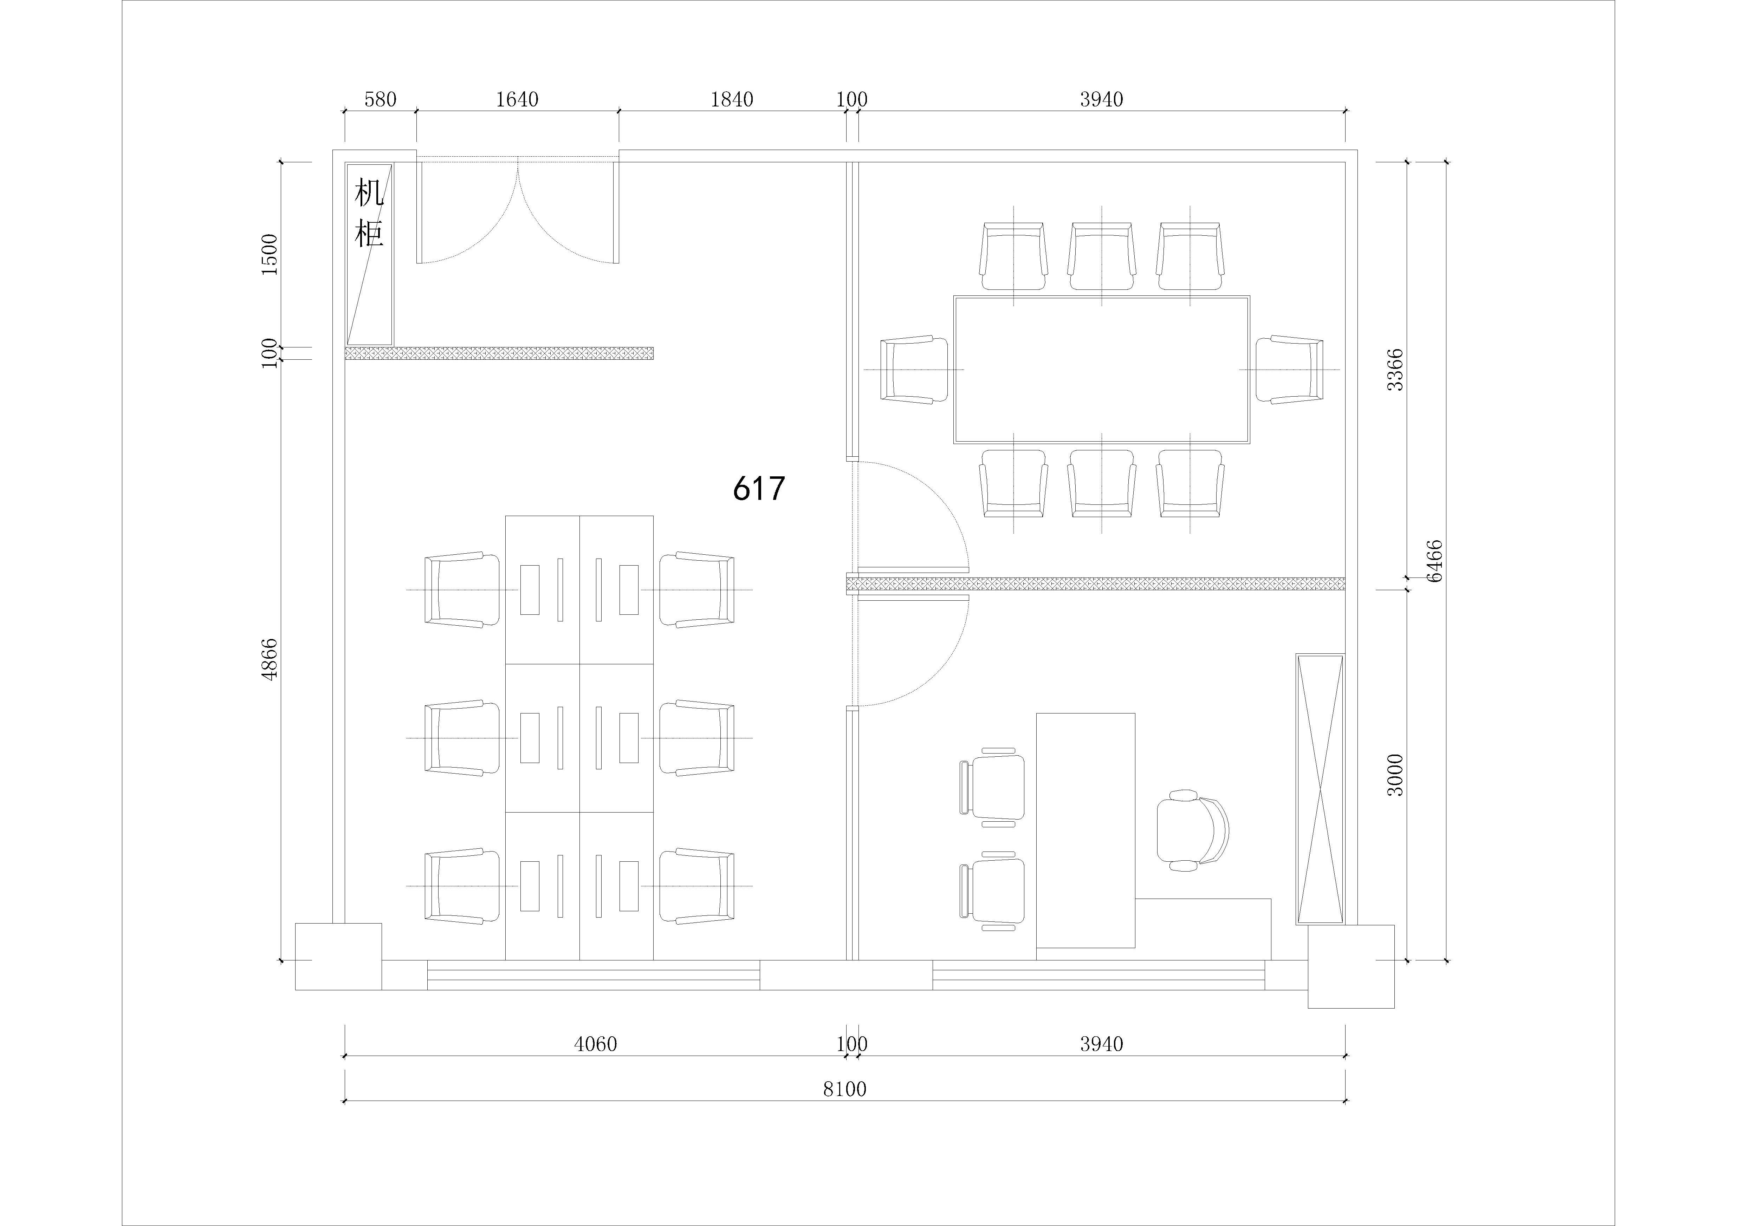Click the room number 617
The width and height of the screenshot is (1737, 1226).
click(x=759, y=489)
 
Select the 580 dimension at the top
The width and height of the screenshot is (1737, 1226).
click(x=380, y=99)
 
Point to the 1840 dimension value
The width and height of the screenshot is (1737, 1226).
click(x=732, y=99)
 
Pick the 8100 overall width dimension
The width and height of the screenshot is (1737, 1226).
click(x=844, y=1089)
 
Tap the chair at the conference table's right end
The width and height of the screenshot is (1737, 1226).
click(x=1290, y=369)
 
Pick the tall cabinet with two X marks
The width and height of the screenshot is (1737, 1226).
click(x=1320, y=789)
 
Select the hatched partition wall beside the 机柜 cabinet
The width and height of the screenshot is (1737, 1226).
click(x=499, y=353)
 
